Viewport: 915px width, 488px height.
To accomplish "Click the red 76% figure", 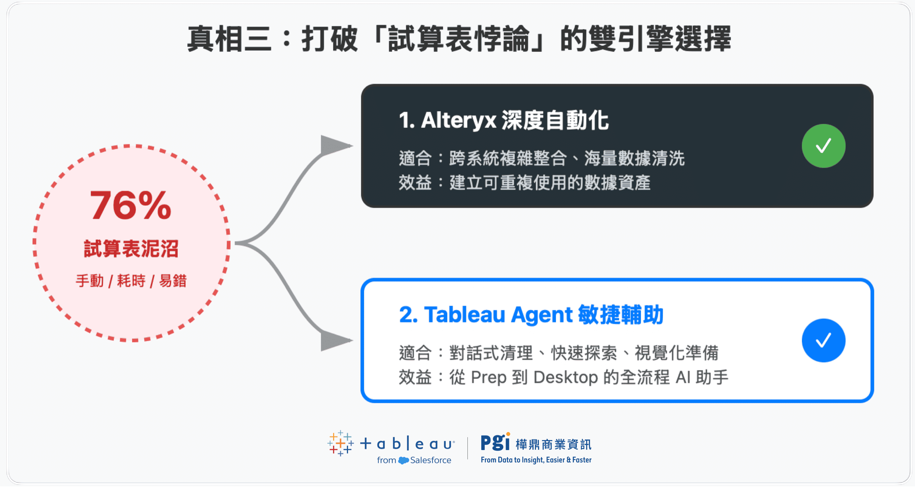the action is (x=131, y=205).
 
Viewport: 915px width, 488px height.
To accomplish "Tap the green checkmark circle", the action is (x=823, y=146).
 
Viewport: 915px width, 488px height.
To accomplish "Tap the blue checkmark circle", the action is (x=823, y=340).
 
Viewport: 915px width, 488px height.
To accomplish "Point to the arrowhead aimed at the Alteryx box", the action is (x=334, y=145).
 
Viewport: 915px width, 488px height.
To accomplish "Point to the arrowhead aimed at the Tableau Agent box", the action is (x=334, y=340).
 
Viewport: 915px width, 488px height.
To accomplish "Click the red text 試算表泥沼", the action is (x=131, y=249).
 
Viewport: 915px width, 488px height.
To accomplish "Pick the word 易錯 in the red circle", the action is (x=173, y=281).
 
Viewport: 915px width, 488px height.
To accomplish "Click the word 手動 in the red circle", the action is (x=90, y=281).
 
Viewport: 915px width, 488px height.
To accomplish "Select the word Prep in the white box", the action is (x=488, y=377).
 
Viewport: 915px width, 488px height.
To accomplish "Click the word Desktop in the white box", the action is (x=565, y=377).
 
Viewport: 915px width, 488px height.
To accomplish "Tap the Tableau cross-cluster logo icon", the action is (x=340, y=443).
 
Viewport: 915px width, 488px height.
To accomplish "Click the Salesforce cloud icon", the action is (x=403, y=460).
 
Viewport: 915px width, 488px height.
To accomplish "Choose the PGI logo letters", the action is (x=495, y=442).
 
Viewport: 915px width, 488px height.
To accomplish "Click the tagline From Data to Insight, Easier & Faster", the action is (x=536, y=460).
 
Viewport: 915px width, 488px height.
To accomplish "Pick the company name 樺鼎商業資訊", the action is (x=553, y=444).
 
